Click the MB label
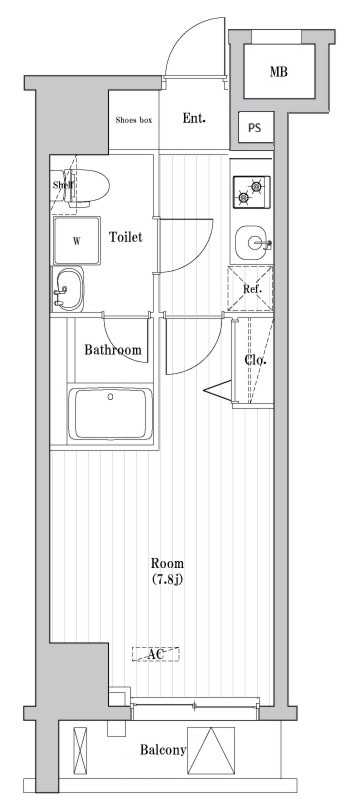[279, 72]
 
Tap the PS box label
[254, 128]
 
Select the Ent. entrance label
[194, 119]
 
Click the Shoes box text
[134, 120]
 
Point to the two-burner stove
[251, 192]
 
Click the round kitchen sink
[253, 242]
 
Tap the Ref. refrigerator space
[250, 289]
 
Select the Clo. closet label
[255, 360]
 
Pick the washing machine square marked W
[77, 241]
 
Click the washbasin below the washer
[68, 289]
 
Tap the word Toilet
[126, 237]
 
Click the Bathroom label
[113, 350]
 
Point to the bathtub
[111, 414]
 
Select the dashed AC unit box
[156, 654]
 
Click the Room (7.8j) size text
[167, 571]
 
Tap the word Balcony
[163, 750]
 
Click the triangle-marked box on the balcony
[211, 750]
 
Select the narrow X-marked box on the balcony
[80, 750]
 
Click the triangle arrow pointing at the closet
[218, 391]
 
